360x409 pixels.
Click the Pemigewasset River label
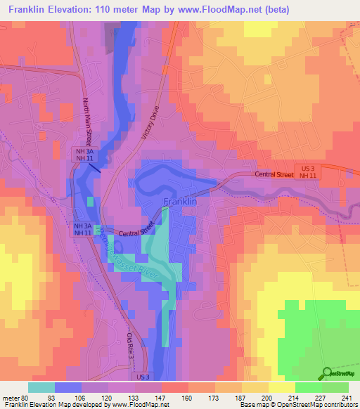pyautogui.click(x=129, y=260)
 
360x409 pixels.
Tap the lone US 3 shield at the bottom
pyautogui.click(x=143, y=377)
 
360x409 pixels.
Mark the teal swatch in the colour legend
pyautogui.click(x=41, y=387)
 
